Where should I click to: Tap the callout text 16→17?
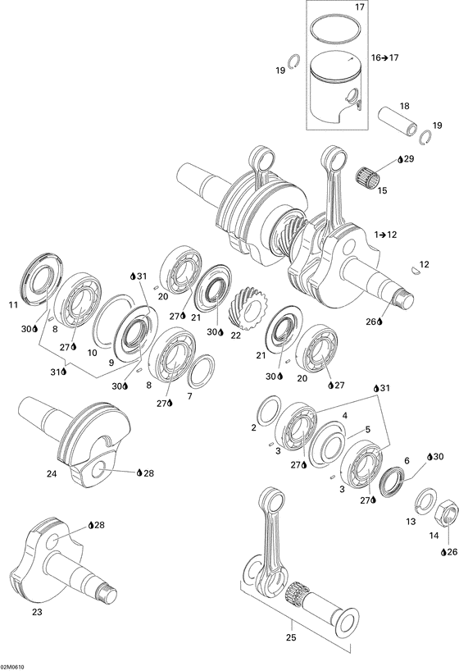[384, 58]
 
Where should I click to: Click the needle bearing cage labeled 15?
[370, 175]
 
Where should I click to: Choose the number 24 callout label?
[52, 473]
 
